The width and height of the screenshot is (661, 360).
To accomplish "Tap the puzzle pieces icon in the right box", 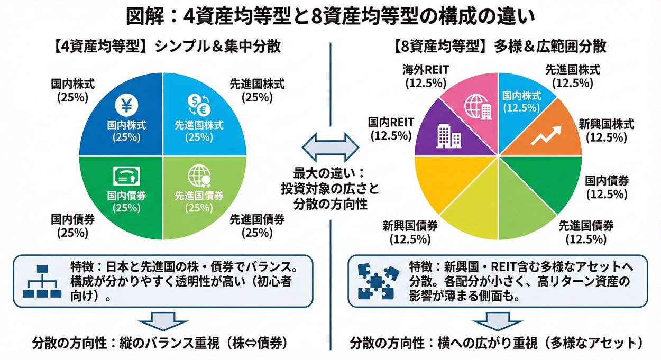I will (x=376, y=281).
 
